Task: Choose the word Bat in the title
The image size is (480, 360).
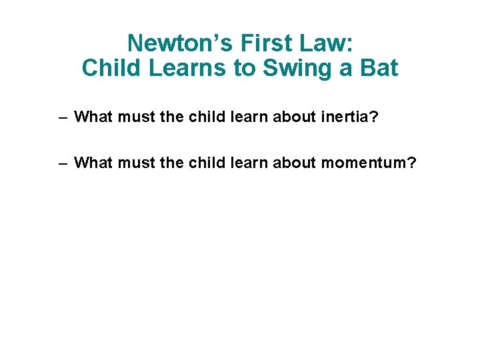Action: [x=378, y=68]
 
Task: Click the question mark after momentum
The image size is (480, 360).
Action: [x=410, y=162]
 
